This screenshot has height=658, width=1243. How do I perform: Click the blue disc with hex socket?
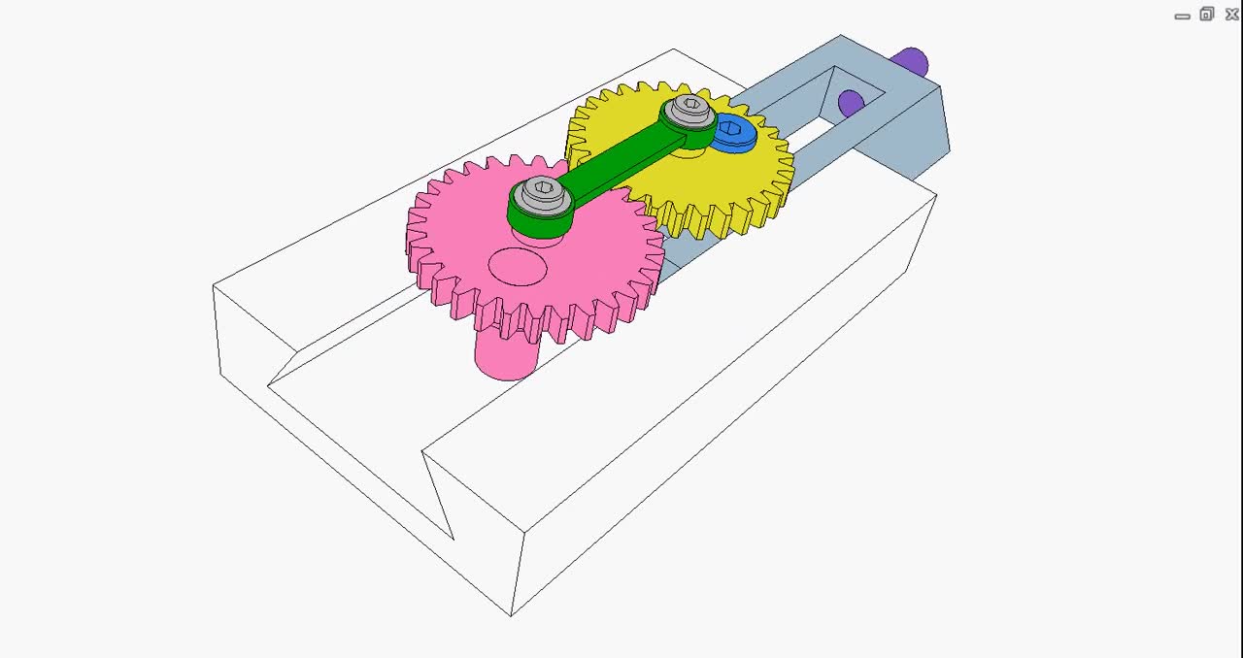tap(734, 133)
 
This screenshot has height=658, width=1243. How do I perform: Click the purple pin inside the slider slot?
tap(851, 102)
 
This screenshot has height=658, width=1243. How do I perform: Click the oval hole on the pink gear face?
tap(518, 267)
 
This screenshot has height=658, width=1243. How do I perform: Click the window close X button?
tap(1231, 14)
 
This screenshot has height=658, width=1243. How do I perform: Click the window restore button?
tap(1207, 14)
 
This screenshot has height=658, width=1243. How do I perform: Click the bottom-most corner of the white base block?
tap(511, 614)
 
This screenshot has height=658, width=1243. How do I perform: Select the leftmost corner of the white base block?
tap(214, 287)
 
